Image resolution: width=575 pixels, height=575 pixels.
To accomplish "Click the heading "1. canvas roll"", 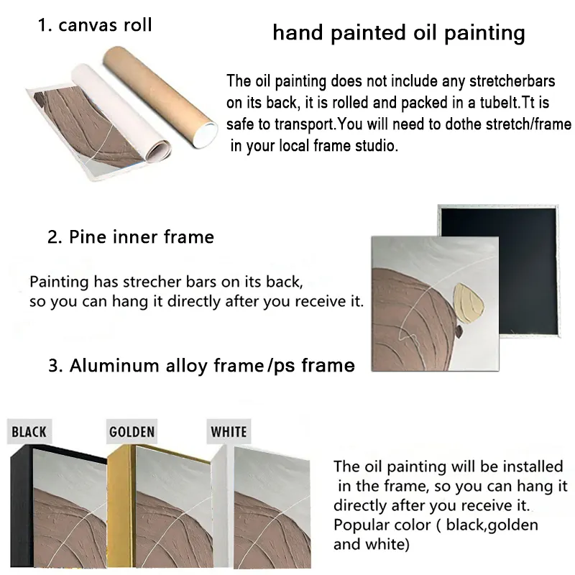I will [95, 26].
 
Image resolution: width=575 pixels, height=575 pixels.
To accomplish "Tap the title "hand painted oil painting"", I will [398, 33].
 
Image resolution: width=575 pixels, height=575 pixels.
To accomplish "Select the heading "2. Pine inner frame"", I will [131, 237].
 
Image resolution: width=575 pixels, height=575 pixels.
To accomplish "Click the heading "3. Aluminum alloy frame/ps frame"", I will [201, 365].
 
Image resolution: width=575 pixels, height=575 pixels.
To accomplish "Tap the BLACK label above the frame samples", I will [29, 432].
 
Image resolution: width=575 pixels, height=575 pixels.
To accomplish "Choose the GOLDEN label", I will [132, 432].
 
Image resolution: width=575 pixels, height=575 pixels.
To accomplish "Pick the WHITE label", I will [229, 432].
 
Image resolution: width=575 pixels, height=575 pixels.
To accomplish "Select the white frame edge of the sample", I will [221, 503].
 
